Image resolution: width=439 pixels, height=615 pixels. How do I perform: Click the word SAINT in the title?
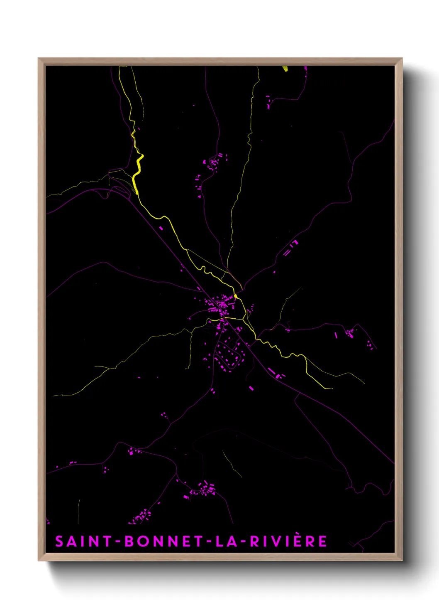tap(83, 541)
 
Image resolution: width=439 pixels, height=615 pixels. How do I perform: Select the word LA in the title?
tap(227, 541)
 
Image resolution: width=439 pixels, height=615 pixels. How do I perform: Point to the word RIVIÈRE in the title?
tap(288, 541)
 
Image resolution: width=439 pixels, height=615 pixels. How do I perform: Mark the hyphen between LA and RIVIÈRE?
tap(242, 542)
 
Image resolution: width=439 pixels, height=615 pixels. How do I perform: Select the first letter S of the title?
tap(59, 541)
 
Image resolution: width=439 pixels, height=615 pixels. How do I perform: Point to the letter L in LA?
tap(220, 541)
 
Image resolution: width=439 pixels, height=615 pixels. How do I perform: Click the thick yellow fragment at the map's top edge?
tap(285, 69)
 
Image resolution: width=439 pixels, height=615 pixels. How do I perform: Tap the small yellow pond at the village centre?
tap(236, 296)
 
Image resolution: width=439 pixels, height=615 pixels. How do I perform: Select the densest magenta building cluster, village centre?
tap(220, 305)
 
